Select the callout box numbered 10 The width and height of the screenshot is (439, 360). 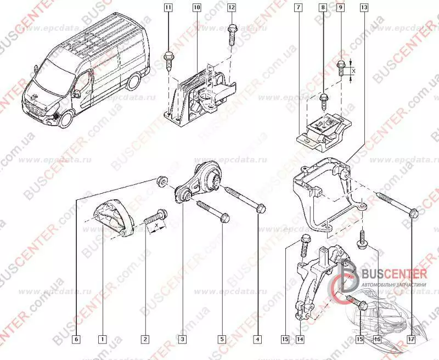196,8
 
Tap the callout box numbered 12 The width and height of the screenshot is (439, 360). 231,8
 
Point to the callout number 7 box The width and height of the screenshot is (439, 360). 297,8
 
